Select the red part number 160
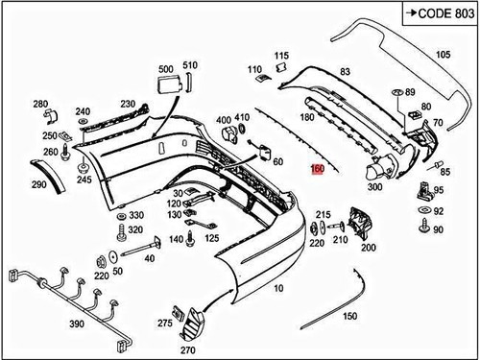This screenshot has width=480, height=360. [318, 169]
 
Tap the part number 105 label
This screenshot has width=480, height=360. [443, 56]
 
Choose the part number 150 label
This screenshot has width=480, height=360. [351, 316]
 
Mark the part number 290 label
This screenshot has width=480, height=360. [39, 184]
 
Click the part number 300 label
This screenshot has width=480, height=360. [374, 187]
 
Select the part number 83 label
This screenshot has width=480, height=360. [345, 72]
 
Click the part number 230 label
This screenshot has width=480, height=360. [128, 104]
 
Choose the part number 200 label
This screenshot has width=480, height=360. [367, 247]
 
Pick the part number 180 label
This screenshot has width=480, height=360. [307, 117]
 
